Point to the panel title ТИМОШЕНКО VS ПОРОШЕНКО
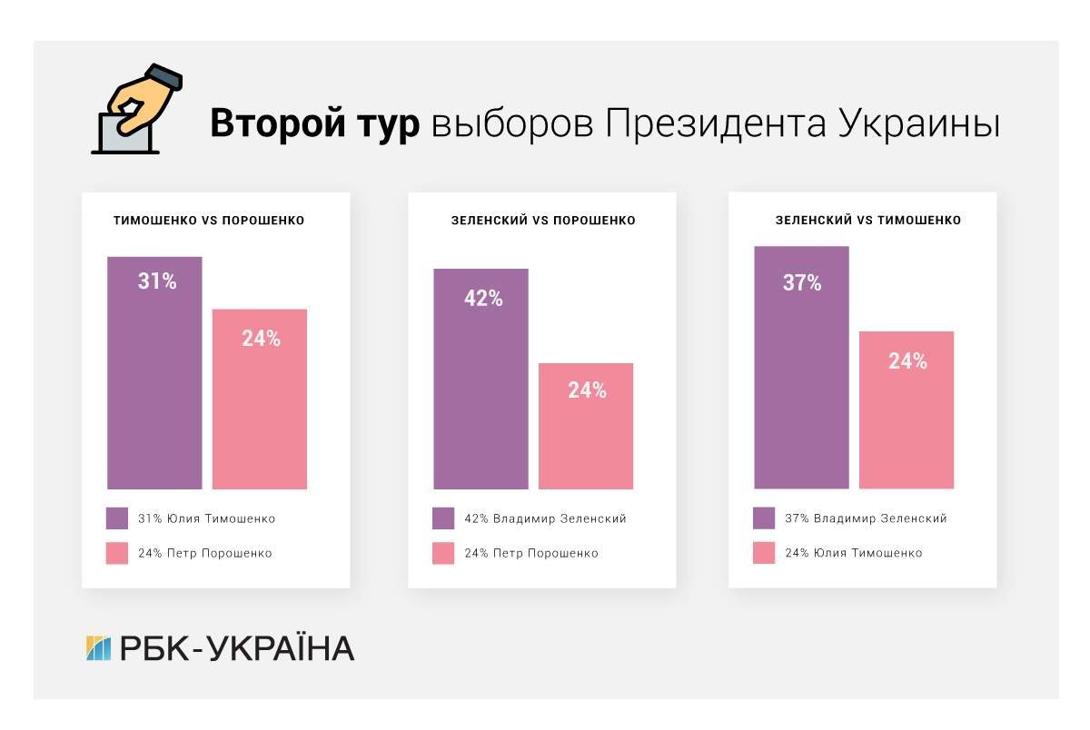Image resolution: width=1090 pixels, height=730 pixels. point(209,221)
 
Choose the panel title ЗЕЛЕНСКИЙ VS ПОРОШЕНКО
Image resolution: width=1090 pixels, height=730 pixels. point(543,221)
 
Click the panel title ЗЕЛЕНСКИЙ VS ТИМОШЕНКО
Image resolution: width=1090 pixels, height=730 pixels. point(867,221)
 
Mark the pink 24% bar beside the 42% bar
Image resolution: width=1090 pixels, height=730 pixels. point(586,426)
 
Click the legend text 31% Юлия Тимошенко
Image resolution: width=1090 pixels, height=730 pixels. point(206,518)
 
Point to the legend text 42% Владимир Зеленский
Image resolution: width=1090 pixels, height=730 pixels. point(545,518)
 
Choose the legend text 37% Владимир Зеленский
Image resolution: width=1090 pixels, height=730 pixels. point(866,518)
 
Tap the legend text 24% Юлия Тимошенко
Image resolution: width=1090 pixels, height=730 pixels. point(853,553)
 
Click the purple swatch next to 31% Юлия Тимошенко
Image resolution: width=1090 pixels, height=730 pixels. point(117,518)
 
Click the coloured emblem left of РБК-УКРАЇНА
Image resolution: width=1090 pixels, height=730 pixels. point(98,648)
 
